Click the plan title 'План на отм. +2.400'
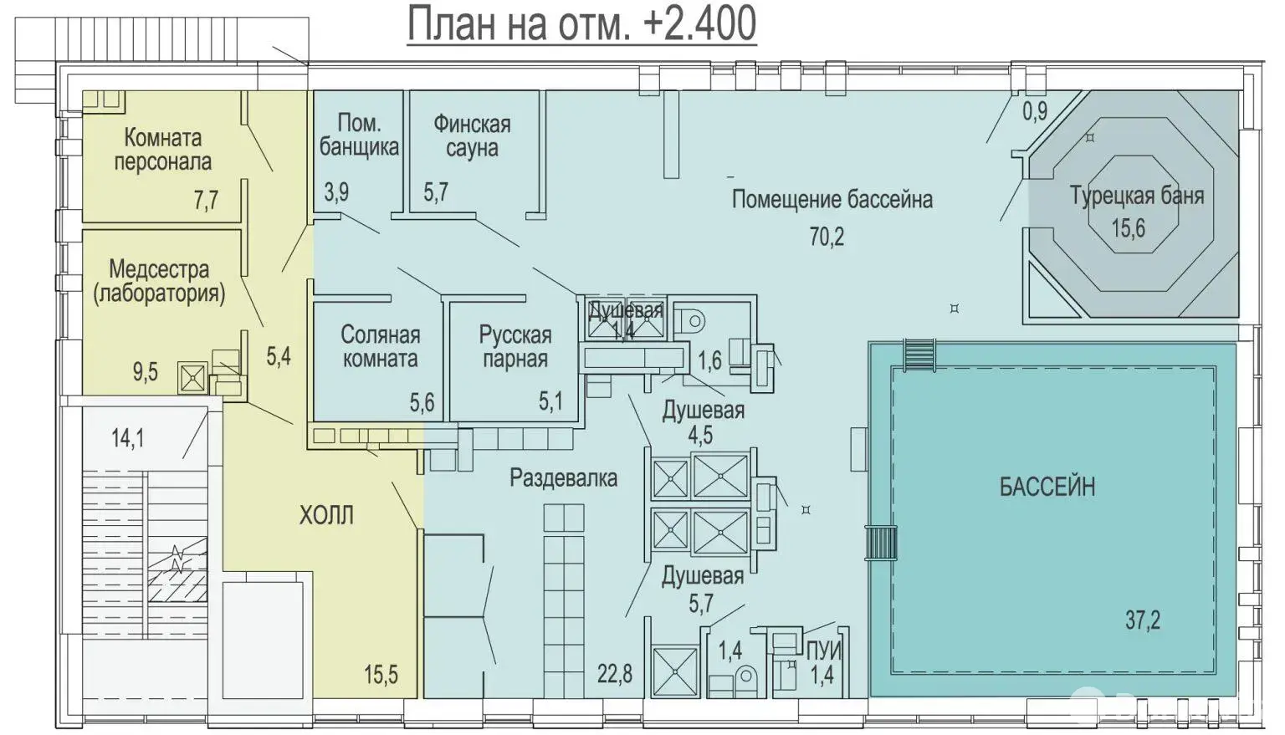point(581,23)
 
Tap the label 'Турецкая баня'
point(1136,197)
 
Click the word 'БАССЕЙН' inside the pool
point(1047,487)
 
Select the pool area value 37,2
point(1142,620)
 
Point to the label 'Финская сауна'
point(471,136)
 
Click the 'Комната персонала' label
point(163,149)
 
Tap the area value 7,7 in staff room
point(206,200)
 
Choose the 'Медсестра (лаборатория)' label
point(159,281)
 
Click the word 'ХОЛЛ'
point(326,515)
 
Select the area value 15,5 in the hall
point(381,674)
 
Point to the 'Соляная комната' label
point(380,347)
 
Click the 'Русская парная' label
point(515,347)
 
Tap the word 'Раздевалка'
point(563,478)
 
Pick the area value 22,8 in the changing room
point(614,673)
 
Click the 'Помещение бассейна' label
point(832,199)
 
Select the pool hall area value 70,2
point(827,237)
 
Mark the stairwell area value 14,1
point(127,437)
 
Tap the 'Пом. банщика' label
point(359,135)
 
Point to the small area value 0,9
point(1035,110)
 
